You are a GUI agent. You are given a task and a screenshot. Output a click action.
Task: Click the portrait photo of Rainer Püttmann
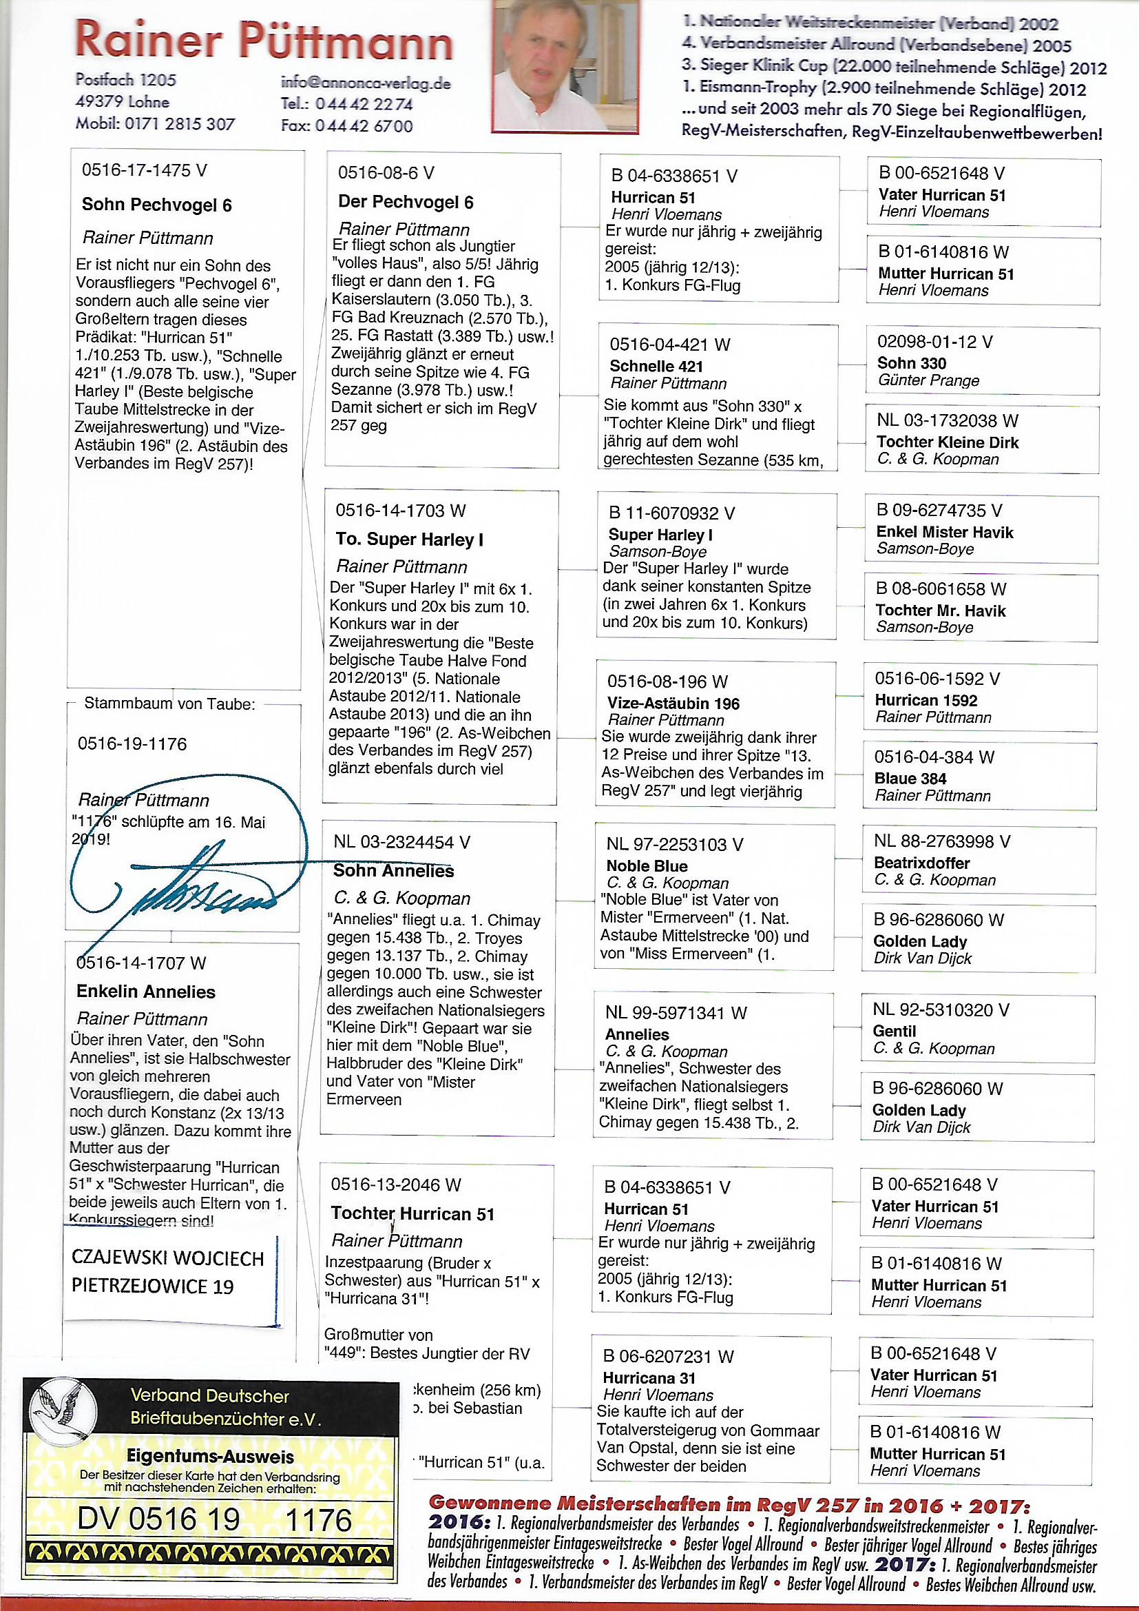[x=551, y=65]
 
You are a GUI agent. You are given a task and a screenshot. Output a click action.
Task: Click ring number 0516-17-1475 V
[x=145, y=170]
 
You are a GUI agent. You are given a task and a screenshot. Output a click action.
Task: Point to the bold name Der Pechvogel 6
[x=406, y=203]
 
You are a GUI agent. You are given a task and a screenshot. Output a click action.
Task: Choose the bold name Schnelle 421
[x=656, y=367]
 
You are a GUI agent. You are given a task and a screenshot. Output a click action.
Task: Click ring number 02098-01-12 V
[x=934, y=342]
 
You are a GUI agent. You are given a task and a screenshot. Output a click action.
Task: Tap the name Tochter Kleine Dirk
[x=947, y=442]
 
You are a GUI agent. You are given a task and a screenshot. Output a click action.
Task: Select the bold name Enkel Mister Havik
[x=944, y=533]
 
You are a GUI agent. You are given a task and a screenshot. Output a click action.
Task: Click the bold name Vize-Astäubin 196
[x=673, y=704]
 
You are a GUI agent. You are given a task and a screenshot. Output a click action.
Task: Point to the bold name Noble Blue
[x=647, y=866]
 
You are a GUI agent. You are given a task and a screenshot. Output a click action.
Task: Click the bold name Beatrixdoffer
[x=921, y=863]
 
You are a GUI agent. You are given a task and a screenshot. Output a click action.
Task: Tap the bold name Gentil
[x=895, y=1032]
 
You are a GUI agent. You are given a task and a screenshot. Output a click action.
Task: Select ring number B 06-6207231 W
[x=669, y=1357]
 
